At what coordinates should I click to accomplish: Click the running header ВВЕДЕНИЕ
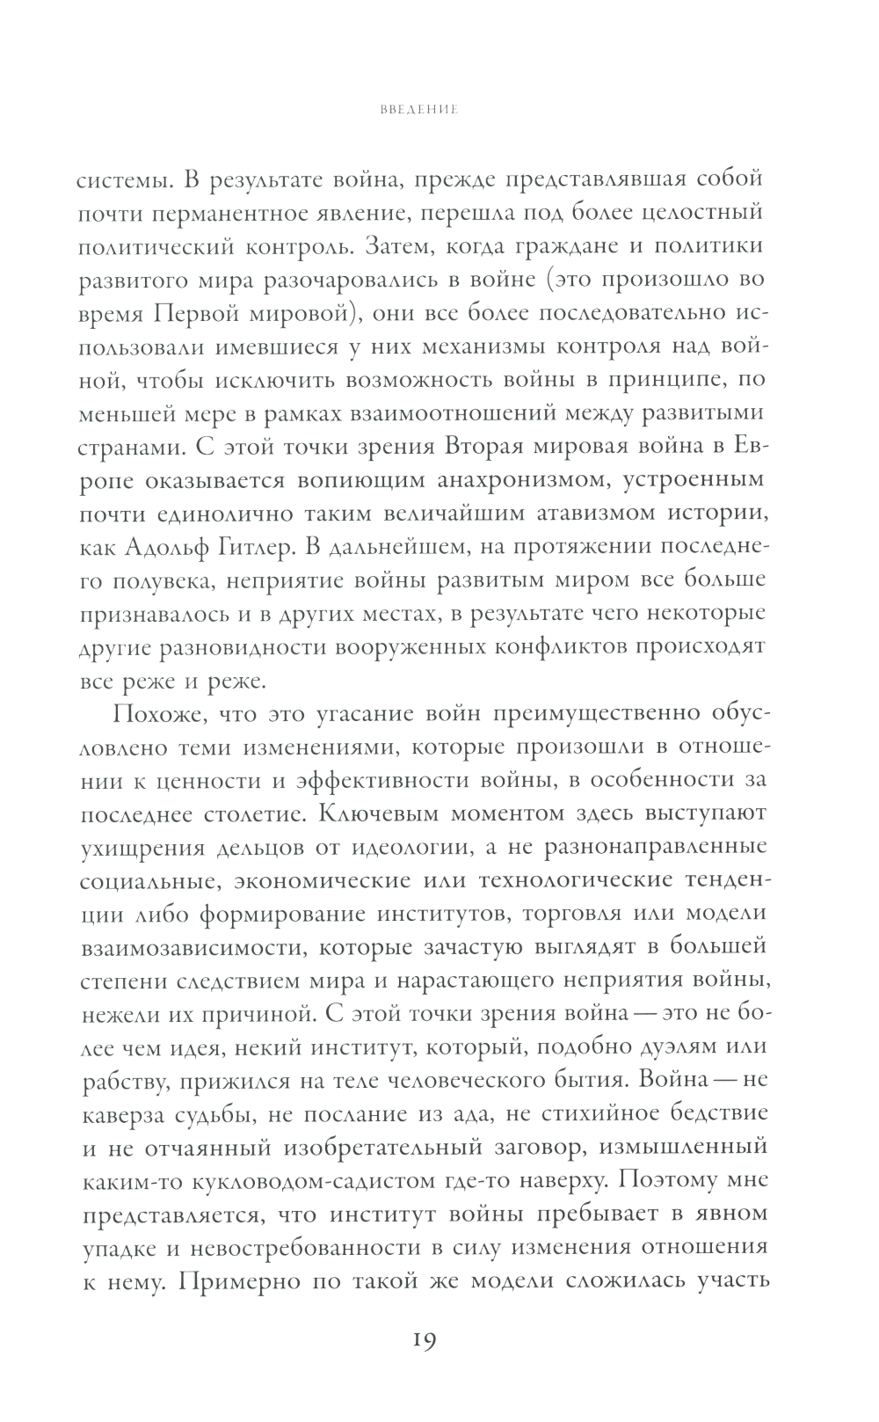click(419, 112)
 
